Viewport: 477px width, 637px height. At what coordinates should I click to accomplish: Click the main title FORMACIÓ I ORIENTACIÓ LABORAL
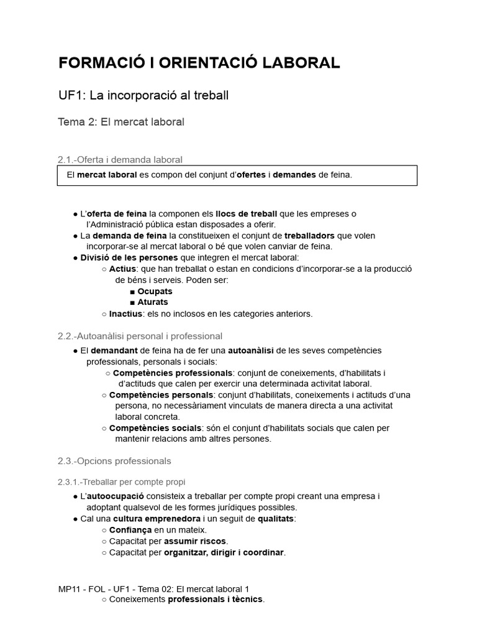[x=199, y=63]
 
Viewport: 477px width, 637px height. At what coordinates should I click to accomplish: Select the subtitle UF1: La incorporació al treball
[x=143, y=96]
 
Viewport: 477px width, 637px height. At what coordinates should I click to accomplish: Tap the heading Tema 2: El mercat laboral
[x=121, y=122]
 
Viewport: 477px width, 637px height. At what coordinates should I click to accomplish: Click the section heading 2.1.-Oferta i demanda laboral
[x=120, y=160]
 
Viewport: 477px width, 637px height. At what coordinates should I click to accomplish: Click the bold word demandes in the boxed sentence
[x=294, y=175]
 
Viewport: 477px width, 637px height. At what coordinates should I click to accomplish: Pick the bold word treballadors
[x=309, y=236]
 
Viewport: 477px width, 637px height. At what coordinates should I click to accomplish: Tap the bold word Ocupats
[x=155, y=291]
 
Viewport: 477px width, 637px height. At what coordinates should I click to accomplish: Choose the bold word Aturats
[x=153, y=302]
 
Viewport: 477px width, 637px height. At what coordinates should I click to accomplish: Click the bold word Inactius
[x=126, y=314]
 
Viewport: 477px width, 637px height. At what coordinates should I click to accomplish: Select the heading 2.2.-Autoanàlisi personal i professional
[x=140, y=336]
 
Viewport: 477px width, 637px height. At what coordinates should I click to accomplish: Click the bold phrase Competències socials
[x=155, y=428]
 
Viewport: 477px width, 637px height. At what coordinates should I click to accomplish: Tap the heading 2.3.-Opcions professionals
[x=114, y=461]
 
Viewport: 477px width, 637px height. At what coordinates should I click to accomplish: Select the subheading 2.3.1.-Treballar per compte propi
[x=121, y=482]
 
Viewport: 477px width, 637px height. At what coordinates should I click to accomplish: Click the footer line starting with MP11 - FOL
[x=153, y=588]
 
